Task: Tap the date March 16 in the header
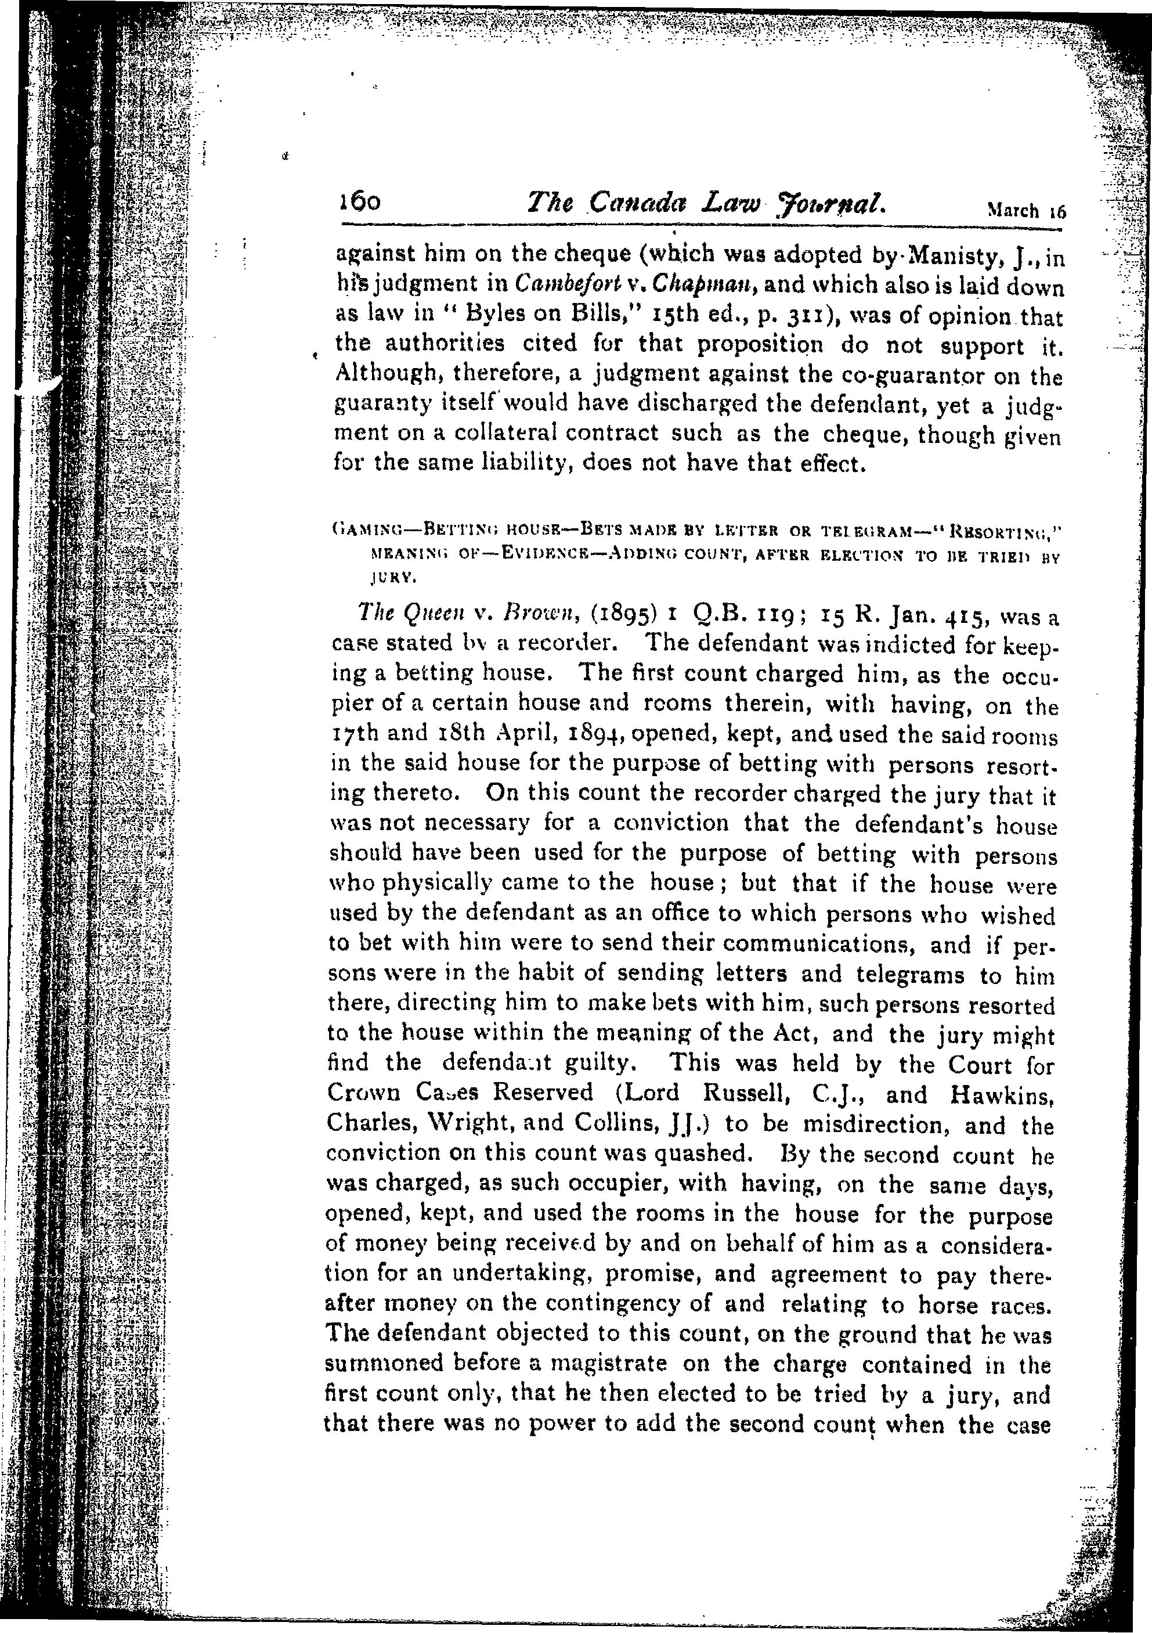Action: [x=1026, y=211]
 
